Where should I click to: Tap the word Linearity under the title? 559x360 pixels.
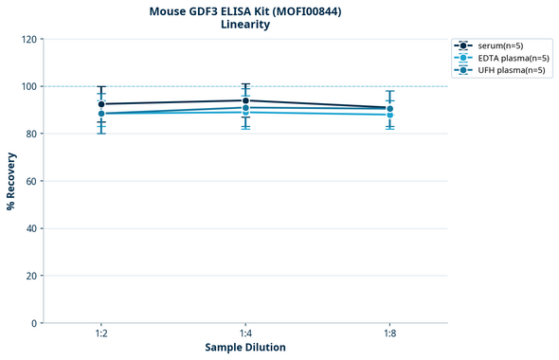pos(244,25)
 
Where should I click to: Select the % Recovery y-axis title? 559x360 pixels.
pos(11,181)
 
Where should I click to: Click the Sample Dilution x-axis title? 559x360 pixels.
pos(245,348)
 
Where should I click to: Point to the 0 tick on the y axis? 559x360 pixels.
pos(33,323)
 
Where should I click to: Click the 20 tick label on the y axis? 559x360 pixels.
pos(30,276)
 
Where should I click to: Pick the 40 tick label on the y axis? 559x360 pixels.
pos(30,228)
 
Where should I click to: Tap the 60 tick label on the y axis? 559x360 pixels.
pos(30,181)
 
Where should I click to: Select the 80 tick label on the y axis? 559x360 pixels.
pos(30,134)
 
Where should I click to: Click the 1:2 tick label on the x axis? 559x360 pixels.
pos(101,333)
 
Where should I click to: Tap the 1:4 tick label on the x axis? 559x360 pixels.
pos(245,333)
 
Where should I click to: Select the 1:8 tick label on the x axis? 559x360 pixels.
pos(389,333)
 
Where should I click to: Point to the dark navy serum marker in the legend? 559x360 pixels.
pos(462,45)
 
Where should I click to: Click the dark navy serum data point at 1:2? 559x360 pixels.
pos(101,104)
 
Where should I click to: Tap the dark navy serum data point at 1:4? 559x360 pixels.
pos(245,100)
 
